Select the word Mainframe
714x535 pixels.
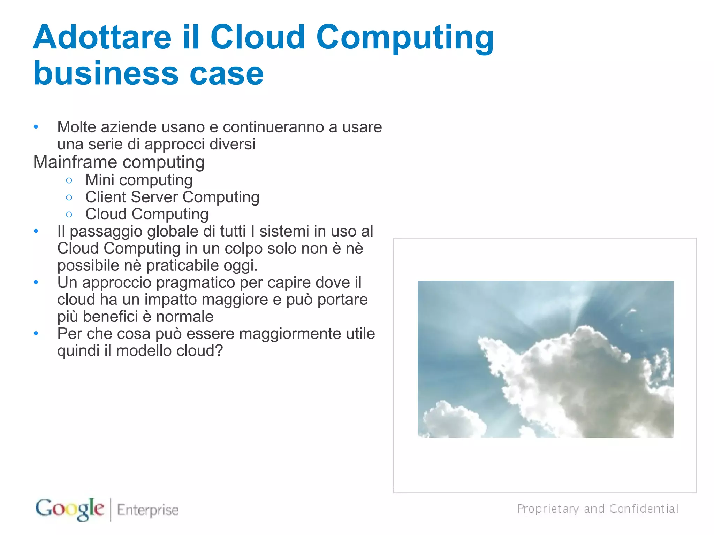tap(75, 162)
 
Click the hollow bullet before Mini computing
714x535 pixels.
tap(69, 180)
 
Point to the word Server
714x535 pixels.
tap(154, 197)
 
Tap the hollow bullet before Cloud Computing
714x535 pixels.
tap(69, 215)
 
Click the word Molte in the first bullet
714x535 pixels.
tap(77, 127)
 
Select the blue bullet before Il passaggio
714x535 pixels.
tap(36, 231)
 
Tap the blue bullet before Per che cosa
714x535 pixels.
tap(36, 334)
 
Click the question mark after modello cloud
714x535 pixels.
tap(219, 351)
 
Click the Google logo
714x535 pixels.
tap(70, 509)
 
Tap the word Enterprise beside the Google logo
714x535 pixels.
tap(148, 510)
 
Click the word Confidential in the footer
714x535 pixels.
tap(644, 509)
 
